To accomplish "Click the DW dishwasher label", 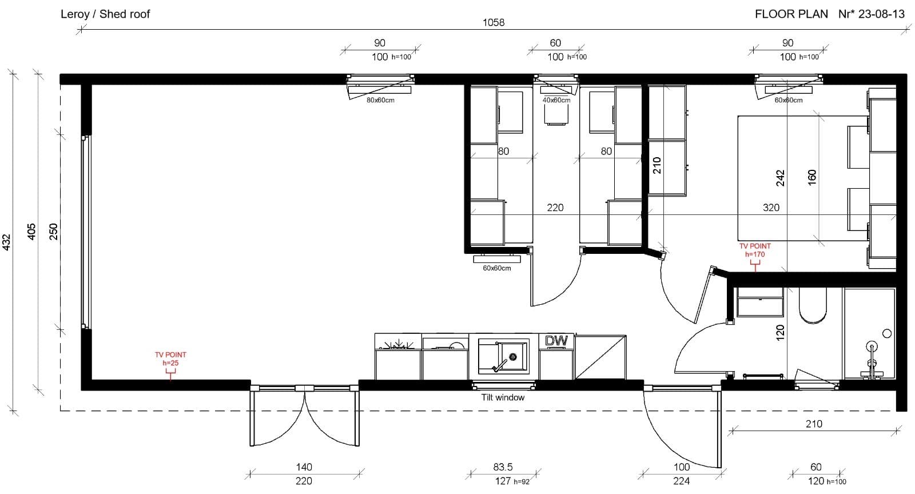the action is (556, 341).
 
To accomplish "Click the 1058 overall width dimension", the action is (494, 22).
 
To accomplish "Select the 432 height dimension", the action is (6, 242).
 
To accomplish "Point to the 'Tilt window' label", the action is (503, 397).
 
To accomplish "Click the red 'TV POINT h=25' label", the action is (170, 359).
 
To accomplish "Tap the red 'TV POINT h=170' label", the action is (755, 250).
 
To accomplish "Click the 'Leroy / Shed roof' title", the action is (105, 14).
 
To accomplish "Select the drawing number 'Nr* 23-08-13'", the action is (872, 14).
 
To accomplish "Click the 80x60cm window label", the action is (380, 100).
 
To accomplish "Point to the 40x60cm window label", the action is (556, 100).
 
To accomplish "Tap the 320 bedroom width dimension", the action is (771, 208).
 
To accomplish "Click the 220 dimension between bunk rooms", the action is (555, 208).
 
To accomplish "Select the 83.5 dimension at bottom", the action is (503, 467).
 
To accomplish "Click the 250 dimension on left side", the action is (54, 232).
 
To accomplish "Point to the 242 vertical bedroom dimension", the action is (780, 178).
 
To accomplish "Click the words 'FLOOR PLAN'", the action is (791, 14).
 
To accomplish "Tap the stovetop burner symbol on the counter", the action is (397, 344).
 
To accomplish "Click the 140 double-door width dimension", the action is (304, 467).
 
